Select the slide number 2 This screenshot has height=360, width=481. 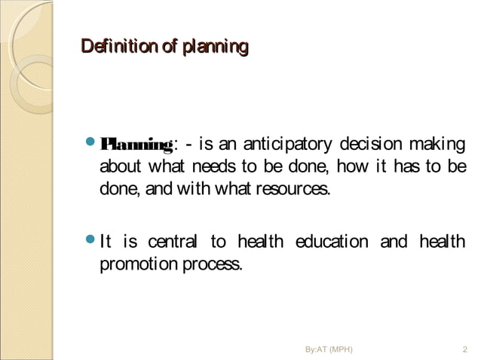pyautogui.click(x=464, y=349)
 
